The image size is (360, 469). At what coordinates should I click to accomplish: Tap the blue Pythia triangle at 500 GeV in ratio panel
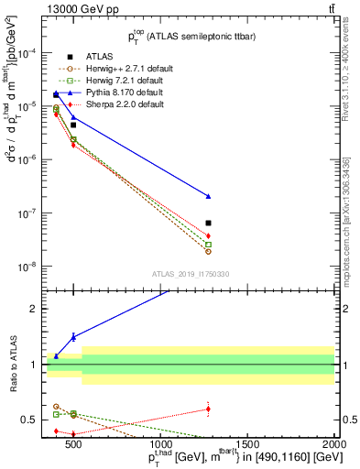click(73, 337)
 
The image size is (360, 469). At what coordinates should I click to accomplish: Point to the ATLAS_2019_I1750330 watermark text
click(191, 274)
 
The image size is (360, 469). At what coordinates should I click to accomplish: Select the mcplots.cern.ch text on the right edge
click(347, 211)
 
